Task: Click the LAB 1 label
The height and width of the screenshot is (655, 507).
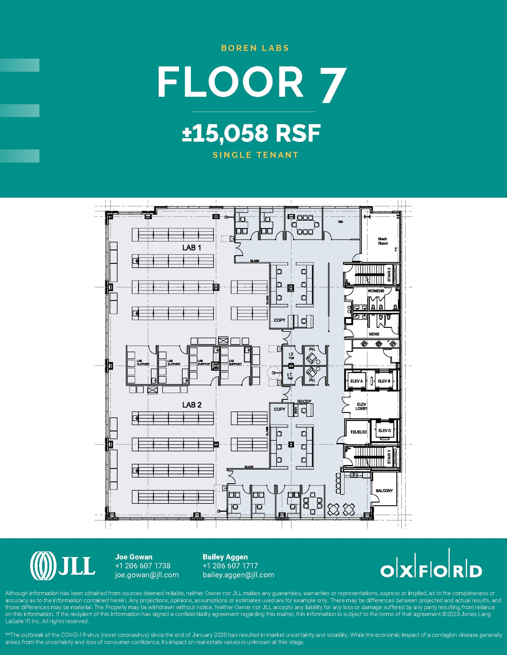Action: click(192, 248)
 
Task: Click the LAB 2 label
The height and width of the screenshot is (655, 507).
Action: click(192, 405)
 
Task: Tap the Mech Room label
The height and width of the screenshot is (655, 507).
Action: click(383, 241)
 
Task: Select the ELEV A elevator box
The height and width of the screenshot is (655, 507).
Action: click(356, 381)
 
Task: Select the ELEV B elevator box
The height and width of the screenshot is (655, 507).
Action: click(384, 381)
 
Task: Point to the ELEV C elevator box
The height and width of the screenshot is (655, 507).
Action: click(384, 430)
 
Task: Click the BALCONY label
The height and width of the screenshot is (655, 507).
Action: click(384, 490)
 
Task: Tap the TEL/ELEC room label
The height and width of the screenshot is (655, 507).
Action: click(358, 432)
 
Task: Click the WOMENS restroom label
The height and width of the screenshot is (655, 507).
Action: click(376, 291)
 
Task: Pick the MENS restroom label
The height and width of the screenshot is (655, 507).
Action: click(374, 334)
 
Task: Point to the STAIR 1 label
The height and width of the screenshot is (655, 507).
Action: click(389, 457)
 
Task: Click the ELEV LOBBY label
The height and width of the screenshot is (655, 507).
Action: click(361, 406)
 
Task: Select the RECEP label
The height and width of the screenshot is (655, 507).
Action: click(304, 401)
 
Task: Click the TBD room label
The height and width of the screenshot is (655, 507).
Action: click(340, 222)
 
